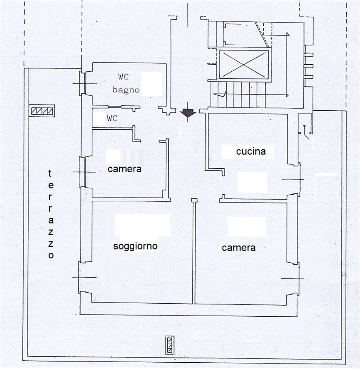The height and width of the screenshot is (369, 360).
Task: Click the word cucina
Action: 251,151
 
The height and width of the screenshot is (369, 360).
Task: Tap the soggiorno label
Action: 135,246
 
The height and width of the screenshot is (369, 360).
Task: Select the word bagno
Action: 126,90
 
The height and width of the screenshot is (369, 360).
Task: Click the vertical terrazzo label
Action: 51,214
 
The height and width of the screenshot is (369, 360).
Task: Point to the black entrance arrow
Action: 188,113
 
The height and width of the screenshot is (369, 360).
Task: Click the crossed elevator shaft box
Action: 244,64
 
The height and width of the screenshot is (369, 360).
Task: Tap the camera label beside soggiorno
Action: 124,169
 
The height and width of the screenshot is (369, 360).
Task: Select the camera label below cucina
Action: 239,247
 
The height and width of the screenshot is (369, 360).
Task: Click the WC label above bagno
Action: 123,77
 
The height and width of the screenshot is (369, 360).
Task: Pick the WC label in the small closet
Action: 112,118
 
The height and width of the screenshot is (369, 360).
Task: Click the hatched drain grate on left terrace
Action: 43,111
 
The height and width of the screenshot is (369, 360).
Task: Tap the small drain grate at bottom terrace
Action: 170,345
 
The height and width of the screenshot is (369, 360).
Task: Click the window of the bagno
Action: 83,84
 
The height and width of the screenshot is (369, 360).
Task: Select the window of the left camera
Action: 82,172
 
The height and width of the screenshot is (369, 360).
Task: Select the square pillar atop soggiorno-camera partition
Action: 194,200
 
